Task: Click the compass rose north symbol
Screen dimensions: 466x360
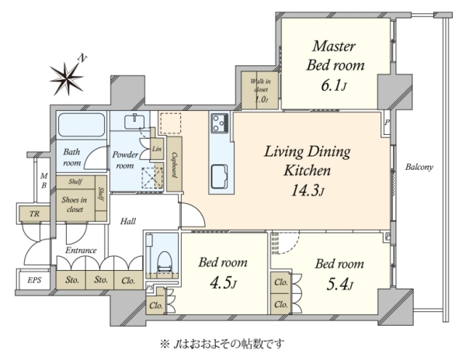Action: click(68, 78)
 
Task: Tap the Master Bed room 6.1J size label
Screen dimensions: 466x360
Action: click(333, 86)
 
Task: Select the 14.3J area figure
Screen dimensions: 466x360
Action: click(308, 190)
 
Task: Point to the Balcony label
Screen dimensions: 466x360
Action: click(419, 167)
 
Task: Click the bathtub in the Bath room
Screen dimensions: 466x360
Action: click(82, 125)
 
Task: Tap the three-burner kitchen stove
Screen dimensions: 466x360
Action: click(220, 123)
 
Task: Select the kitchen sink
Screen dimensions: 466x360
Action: click(220, 177)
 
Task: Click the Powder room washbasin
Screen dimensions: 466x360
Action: click(134, 122)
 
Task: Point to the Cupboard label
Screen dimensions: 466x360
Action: click(175, 165)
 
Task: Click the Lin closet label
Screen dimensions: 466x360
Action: click(157, 149)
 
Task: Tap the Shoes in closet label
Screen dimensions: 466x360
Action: click(75, 205)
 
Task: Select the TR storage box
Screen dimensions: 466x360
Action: click(34, 213)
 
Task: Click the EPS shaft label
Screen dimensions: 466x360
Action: click(34, 280)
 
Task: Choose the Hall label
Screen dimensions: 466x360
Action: click(128, 221)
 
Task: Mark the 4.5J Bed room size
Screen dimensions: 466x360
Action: click(223, 283)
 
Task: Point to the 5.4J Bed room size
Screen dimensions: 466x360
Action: click(339, 285)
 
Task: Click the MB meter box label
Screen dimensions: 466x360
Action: click(43, 181)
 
